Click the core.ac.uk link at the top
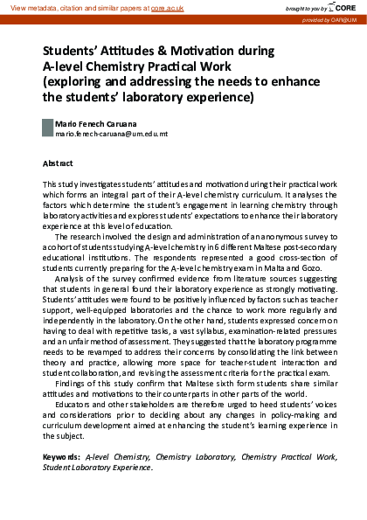(x=166, y=7)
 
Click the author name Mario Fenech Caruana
(x=96, y=125)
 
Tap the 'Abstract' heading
(x=58, y=163)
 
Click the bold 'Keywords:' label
(x=62, y=457)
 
